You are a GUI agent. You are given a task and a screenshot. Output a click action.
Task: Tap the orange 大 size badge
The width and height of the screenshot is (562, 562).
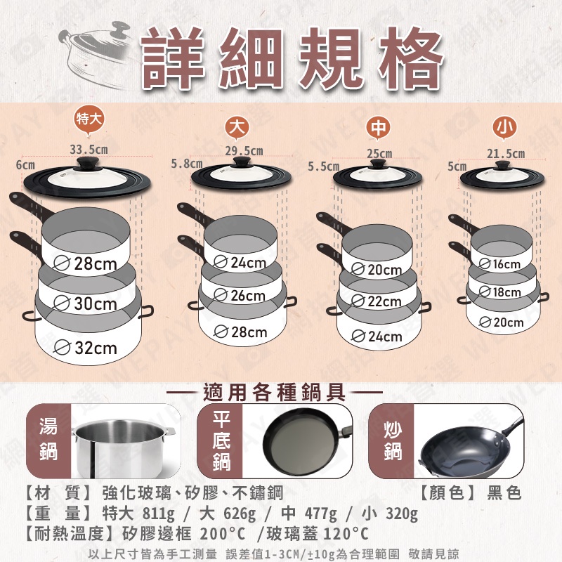click(x=237, y=127)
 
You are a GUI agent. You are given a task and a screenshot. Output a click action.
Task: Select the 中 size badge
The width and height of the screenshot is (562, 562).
click(x=378, y=127)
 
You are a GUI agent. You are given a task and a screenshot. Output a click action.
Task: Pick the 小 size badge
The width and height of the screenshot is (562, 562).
click(x=504, y=127)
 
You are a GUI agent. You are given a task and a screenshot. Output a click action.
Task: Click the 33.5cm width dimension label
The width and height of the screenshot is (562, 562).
click(x=89, y=149)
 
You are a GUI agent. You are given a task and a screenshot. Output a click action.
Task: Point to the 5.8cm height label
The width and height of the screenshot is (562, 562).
click(x=186, y=164)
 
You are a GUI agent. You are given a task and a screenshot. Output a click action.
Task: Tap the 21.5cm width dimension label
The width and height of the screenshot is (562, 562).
click(x=505, y=154)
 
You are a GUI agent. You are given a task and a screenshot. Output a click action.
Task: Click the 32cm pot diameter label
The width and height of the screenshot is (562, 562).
click(x=86, y=348)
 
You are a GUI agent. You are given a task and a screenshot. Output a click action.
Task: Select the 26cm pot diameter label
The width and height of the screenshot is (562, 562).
click(x=240, y=296)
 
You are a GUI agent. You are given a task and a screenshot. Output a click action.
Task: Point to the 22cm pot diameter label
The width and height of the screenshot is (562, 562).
click(x=377, y=301)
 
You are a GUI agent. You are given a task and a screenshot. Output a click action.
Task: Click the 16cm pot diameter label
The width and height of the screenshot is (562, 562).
click(x=499, y=264)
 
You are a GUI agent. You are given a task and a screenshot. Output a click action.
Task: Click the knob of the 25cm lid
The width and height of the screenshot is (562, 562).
click(x=377, y=164)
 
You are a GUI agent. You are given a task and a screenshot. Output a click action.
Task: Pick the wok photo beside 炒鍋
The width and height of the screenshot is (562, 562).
click(x=469, y=448)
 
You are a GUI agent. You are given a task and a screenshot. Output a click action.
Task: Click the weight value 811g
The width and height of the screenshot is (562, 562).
click(x=159, y=514)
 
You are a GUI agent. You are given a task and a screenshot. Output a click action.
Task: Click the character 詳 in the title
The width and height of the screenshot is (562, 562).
click(x=173, y=58)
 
